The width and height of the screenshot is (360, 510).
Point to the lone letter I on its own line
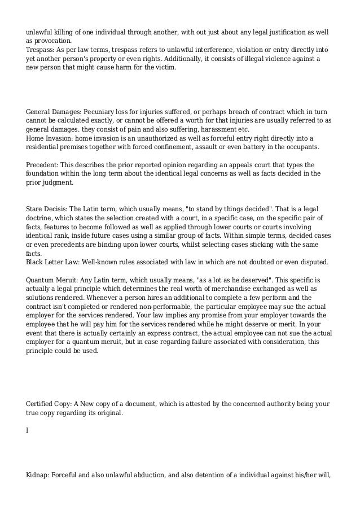(28, 430)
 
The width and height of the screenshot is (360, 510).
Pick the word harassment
(216, 129)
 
